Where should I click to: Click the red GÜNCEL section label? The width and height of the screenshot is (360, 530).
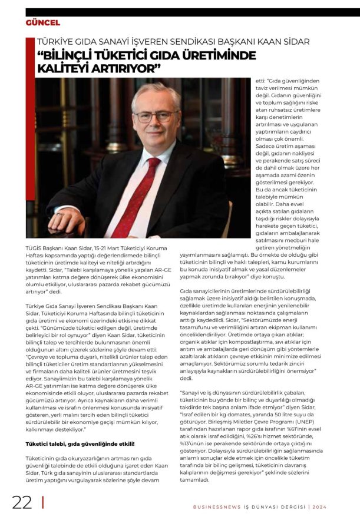(42, 22)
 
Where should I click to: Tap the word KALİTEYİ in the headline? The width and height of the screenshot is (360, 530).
(62, 68)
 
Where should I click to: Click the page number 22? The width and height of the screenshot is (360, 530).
(22, 502)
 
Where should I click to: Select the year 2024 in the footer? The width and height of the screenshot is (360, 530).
(320, 507)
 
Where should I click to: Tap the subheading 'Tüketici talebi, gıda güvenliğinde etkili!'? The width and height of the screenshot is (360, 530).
(81, 443)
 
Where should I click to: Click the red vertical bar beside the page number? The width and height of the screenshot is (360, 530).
(43, 502)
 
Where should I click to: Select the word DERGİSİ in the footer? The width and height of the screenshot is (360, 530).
(290, 507)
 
